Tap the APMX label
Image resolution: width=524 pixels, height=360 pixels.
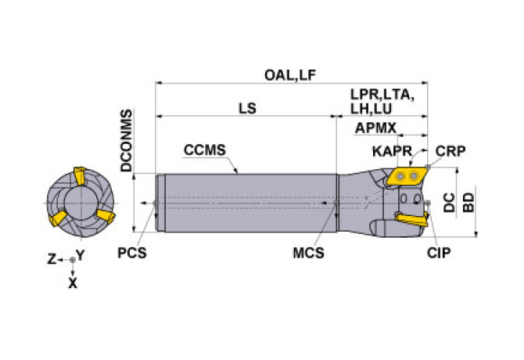click(x=375, y=128)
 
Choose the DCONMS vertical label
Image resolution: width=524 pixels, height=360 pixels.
click(x=127, y=141)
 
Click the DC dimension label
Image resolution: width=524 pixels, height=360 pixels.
click(x=449, y=203)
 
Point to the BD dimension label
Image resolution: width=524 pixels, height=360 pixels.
click(x=468, y=203)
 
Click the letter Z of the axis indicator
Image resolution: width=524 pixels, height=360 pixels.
click(x=52, y=258)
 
